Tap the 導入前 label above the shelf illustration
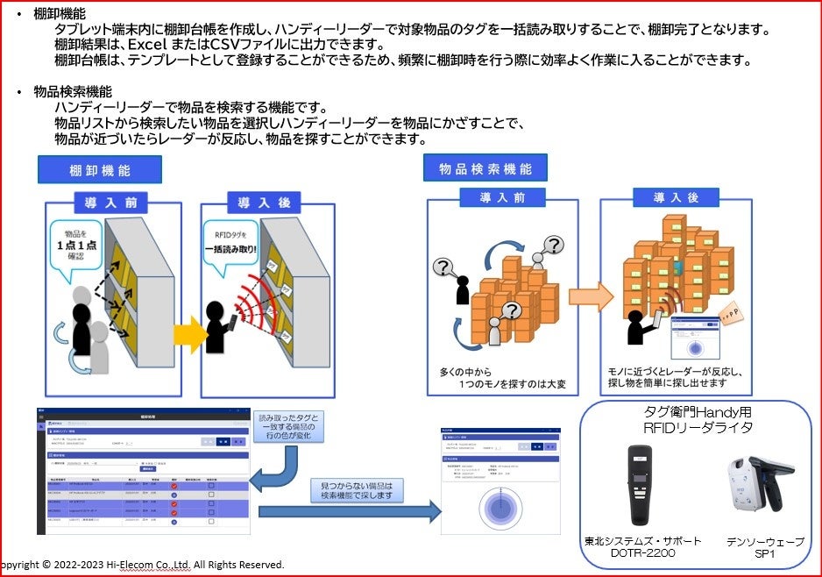point(110,202)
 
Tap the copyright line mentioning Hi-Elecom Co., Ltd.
point(140,565)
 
